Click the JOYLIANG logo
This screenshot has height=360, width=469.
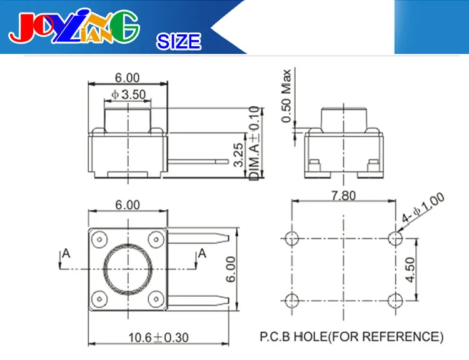coord(74,26)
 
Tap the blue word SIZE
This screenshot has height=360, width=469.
coord(179,41)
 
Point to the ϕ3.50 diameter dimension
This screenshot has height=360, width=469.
coord(128,94)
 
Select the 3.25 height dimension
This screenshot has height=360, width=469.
coord(238,154)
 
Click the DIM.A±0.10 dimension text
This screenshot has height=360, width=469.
coord(255,143)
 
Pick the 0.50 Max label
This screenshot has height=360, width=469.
coord(286,96)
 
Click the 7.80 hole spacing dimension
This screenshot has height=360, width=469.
coord(344,196)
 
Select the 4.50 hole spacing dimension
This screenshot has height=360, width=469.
coord(410,270)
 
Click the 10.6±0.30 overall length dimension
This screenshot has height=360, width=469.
coord(158,337)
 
